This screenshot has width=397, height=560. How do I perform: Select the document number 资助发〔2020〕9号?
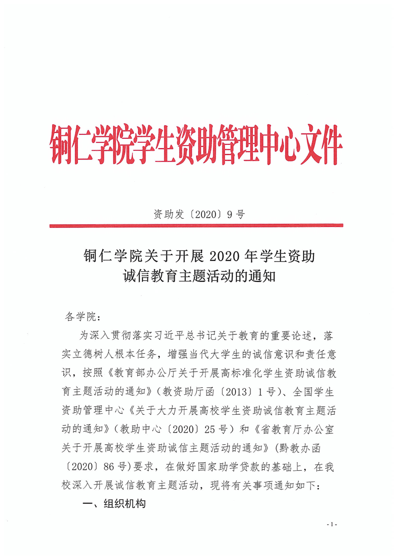(198, 215)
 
